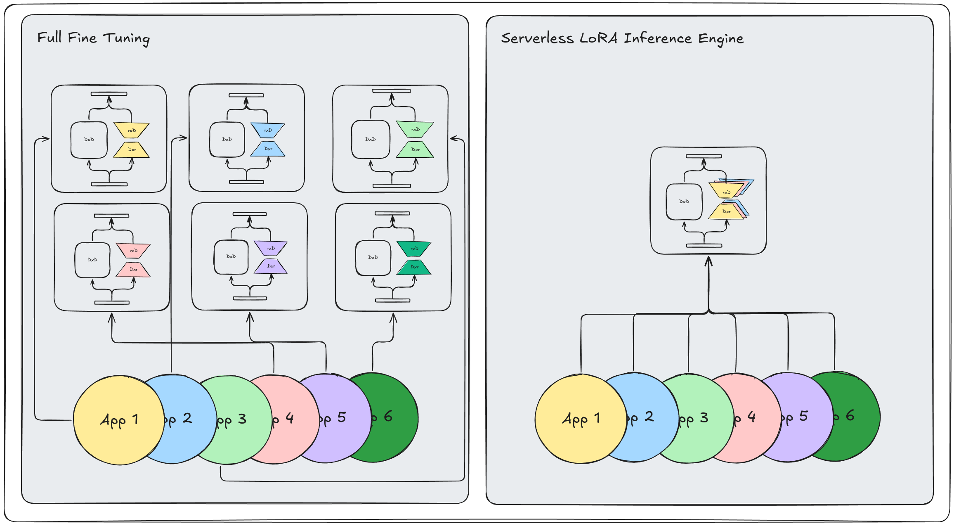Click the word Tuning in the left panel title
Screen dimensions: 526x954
click(x=126, y=38)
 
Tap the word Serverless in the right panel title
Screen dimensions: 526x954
click(x=537, y=38)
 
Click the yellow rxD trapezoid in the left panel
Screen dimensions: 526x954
click(x=132, y=130)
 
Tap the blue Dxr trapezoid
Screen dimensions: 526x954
click(x=268, y=149)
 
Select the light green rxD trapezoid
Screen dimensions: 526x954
click(x=415, y=129)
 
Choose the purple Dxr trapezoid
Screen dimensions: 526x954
click(x=271, y=266)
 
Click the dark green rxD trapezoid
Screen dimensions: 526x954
click(x=414, y=249)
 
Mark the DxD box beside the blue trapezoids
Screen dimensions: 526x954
click(x=227, y=140)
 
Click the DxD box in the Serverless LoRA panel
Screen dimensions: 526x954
click(x=684, y=201)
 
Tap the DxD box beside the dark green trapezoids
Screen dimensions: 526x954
click(x=373, y=258)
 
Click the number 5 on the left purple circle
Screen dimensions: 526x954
click(x=342, y=417)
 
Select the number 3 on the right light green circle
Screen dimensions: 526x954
click(x=704, y=418)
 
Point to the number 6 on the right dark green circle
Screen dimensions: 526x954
click(x=850, y=416)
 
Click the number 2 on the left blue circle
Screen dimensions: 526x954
click(x=187, y=418)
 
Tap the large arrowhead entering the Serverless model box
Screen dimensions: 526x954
click(x=708, y=261)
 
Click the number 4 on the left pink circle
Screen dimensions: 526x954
click(x=290, y=418)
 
